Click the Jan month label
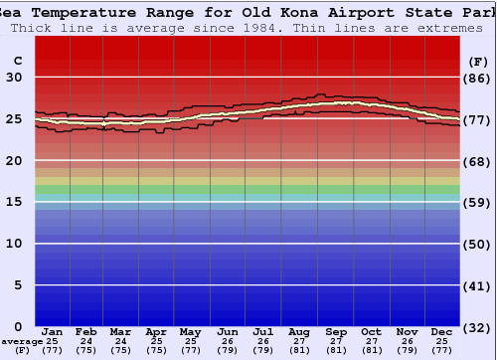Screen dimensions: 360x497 [x=53, y=331]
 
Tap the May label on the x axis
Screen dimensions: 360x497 [x=189, y=331]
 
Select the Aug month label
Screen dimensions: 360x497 [x=298, y=331]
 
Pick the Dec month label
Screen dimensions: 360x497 [x=442, y=331]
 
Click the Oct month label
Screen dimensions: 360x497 [x=371, y=331]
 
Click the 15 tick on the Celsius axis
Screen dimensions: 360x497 [x=15, y=202]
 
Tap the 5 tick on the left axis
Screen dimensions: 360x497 [x=18, y=285]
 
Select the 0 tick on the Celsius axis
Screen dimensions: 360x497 [x=18, y=327]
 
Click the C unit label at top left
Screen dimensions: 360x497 [x=17, y=61]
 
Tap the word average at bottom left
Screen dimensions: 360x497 [x=21, y=341]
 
